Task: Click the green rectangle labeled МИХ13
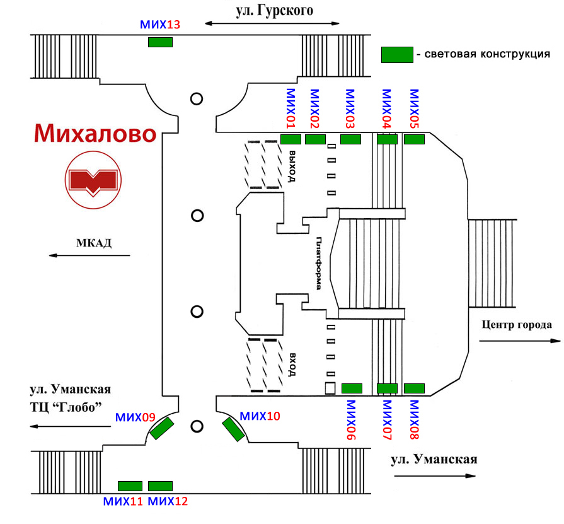pos(160,42)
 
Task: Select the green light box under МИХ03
pos(350,139)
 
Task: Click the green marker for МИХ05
pos(414,139)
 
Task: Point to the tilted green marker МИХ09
pos(161,429)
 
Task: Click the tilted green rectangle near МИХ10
pos(234,429)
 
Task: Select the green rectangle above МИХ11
pos(130,486)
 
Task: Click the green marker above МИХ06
pos(352,388)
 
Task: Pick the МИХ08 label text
pos(414,419)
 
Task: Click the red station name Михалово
pos(95,134)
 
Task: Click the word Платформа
pos(319,262)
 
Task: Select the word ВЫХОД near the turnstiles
pos(292,165)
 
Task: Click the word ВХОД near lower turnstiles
pos(292,363)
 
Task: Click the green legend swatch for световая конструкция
pos(396,55)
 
